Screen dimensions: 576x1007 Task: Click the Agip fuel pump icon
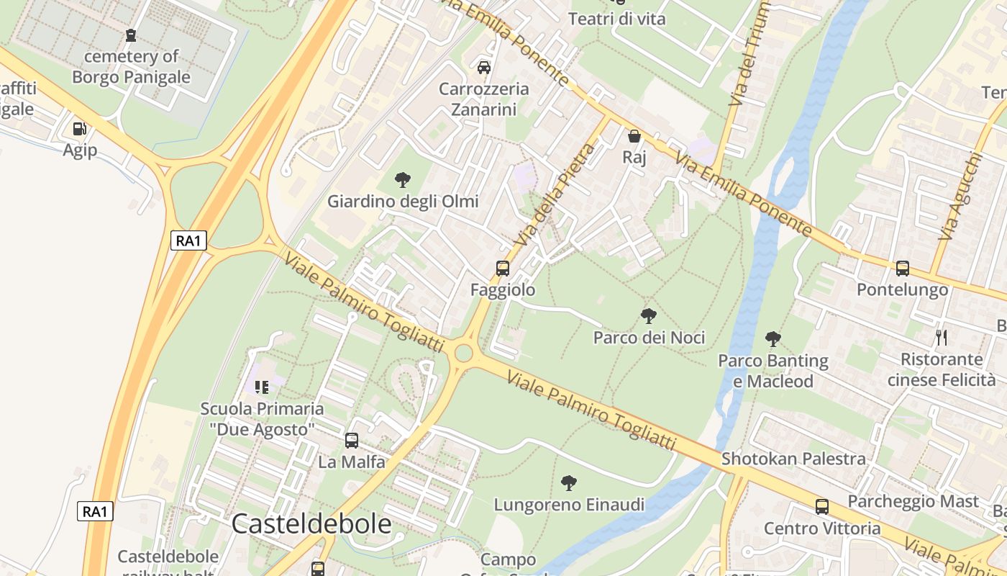79,129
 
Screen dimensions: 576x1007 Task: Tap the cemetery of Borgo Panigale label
131,67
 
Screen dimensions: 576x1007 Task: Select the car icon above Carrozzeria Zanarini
484,67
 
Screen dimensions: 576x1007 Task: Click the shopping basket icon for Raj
634,135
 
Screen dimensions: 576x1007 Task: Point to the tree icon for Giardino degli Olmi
403,180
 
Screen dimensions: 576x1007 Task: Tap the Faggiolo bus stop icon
503,269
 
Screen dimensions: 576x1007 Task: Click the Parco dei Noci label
649,337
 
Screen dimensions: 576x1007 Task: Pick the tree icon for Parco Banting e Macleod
773,338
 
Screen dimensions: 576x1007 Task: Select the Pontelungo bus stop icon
903,269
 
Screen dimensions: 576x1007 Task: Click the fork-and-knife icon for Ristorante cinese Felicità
942,337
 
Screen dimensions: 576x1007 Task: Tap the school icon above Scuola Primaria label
262,387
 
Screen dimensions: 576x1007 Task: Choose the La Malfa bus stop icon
352,441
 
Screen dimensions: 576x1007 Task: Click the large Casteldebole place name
311,524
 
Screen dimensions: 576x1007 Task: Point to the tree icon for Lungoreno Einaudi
569,482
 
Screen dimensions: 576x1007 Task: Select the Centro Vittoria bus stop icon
822,506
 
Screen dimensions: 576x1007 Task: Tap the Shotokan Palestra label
793,459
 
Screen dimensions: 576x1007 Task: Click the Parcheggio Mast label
913,501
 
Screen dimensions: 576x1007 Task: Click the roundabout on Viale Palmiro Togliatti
464,353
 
